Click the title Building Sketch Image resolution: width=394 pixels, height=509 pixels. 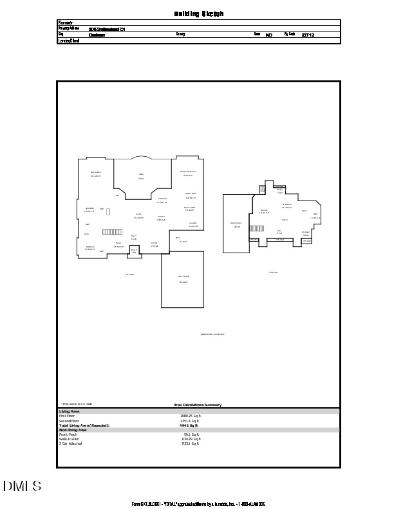coord(199,13)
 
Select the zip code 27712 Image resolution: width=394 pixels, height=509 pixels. coord(308,35)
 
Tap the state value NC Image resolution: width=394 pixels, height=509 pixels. coord(269,35)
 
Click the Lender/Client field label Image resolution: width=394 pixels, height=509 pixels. coord(68,40)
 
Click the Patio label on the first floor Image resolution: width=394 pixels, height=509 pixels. coord(141,176)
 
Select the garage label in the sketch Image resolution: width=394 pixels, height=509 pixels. coord(183,278)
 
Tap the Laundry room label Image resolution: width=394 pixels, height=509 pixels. coord(193,225)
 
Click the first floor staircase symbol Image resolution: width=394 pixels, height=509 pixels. coord(112,231)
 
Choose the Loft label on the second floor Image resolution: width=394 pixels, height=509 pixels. coord(279,231)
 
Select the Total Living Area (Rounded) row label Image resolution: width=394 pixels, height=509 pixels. coord(84,425)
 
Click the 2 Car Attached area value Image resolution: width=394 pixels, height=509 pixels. coord(191,443)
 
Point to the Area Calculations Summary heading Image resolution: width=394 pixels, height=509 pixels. coord(198,405)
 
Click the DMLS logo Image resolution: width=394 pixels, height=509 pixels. coord(23,486)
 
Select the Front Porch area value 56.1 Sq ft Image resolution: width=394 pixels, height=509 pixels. coord(192,434)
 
